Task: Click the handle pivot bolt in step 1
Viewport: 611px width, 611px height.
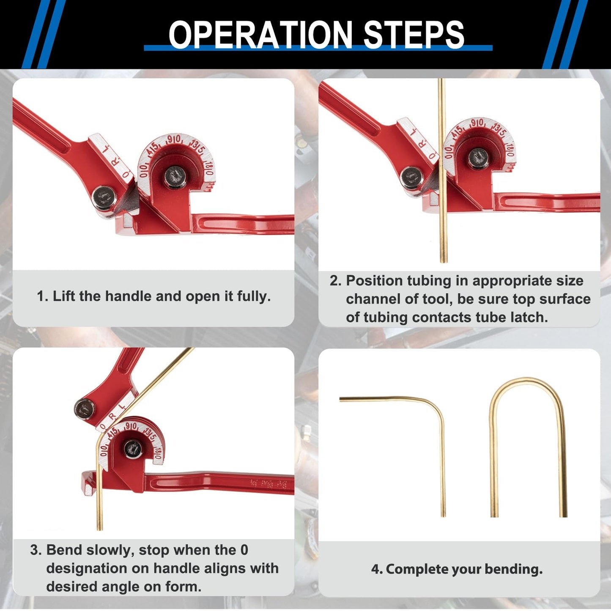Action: coord(103,197)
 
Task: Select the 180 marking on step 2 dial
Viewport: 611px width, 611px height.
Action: coord(510,150)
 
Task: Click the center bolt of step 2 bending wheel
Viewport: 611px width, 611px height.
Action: coord(478,159)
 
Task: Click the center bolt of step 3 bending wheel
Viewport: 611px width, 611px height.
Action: coord(133,449)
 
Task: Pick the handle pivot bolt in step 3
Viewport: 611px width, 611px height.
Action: coord(85,409)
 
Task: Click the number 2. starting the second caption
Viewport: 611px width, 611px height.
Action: coord(335,281)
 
